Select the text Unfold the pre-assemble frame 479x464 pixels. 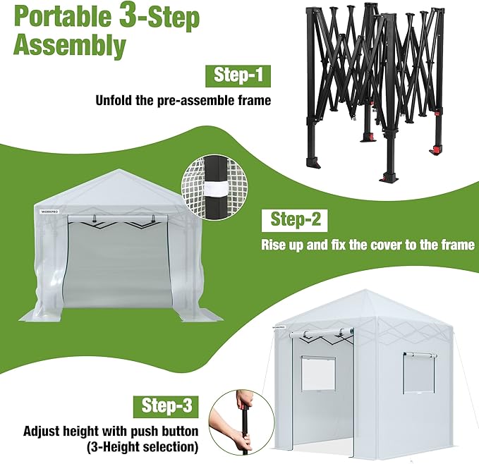(x=183, y=100)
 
